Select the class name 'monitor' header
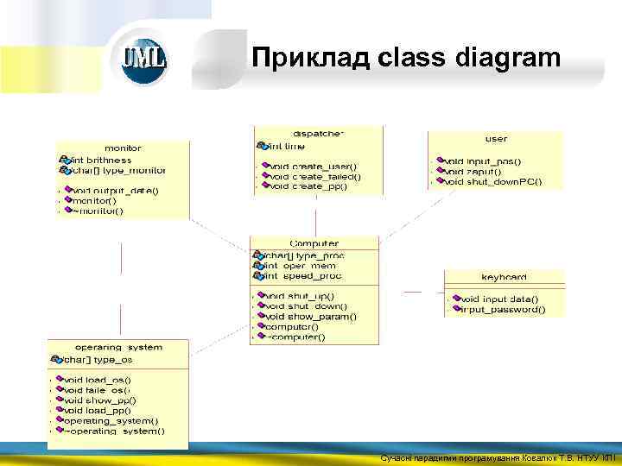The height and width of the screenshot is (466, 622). point(123,148)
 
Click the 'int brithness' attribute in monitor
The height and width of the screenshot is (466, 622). point(100,160)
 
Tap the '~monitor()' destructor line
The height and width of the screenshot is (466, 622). point(98,211)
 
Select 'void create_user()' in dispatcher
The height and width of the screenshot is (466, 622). point(312,166)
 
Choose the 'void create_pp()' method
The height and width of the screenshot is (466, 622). point(308,186)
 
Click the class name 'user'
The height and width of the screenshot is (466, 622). point(496,139)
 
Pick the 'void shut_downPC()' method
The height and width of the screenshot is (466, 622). point(492,181)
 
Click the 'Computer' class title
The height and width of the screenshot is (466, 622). point(314,244)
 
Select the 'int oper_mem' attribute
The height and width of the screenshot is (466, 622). point(300,266)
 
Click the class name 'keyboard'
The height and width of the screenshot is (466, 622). point(504,277)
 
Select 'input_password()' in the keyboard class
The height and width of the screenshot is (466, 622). point(503,309)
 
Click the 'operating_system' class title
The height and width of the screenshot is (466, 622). point(118,348)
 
